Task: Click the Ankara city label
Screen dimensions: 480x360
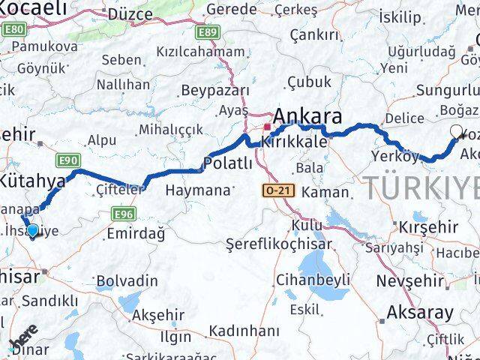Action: (308, 116)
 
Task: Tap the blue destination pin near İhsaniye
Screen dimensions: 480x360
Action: (32, 230)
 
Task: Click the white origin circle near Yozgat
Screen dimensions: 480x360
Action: (456, 133)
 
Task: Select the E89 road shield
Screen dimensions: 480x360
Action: (208, 32)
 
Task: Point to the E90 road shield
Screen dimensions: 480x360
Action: (68, 160)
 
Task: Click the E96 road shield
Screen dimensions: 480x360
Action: (124, 214)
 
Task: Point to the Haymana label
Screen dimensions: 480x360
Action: (196, 190)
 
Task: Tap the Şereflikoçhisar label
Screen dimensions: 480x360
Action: (280, 244)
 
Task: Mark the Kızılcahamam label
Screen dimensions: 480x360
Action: (200, 52)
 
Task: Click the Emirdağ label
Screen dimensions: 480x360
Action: (136, 234)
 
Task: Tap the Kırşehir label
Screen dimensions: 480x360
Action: (427, 226)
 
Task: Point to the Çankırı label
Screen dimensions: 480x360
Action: (315, 34)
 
